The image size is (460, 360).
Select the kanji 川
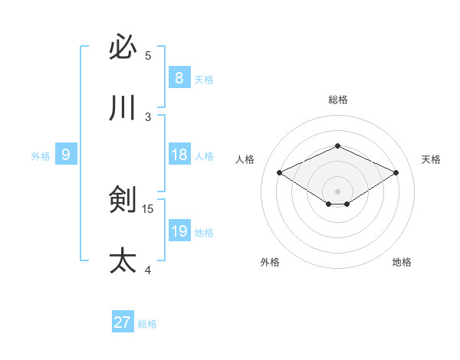click(x=123, y=108)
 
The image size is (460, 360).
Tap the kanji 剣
click(x=123, y=200)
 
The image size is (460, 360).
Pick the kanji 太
click(x=123, y=261)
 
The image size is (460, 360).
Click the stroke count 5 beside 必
click(x=148, y=56)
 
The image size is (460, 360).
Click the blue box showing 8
click(x=179, y=78)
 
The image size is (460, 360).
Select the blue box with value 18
click(x=179, y=155)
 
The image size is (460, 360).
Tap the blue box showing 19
click(x=179, y=231)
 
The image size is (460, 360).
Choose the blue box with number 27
click(x=123, y=322)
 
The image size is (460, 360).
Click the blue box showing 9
click(x=66, y=155)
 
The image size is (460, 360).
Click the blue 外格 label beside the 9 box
click(x=41, y=156)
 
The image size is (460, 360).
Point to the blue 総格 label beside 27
click(x=147, y=324)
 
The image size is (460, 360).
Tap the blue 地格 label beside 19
click(x=204, y=233)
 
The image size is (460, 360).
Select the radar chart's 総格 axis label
click(x=337, y=100)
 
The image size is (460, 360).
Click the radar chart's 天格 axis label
click(x=432, y=159)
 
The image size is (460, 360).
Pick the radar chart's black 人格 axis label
click(x=245, y=159)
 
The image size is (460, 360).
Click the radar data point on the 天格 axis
click(x=396, y=173)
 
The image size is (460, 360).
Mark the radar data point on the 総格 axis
click(x=337, y=146)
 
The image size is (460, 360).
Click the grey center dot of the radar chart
click(x=337, y=191)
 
